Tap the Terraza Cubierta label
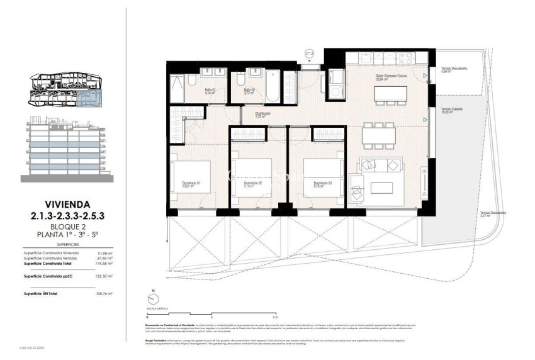click(452, 110)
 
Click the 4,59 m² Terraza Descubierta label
click(454, 70)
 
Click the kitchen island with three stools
click(388, 94)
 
